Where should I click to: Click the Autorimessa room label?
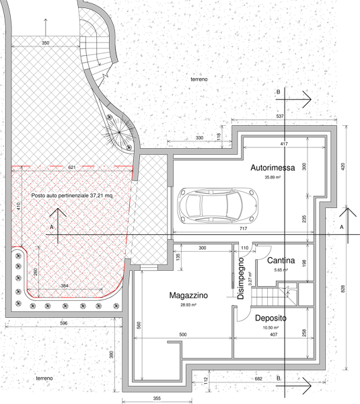273,168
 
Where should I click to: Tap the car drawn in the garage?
217,205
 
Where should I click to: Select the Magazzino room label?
188,296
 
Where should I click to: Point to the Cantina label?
281,261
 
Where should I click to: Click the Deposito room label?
271,318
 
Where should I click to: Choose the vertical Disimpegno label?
241,279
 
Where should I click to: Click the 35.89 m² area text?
273,177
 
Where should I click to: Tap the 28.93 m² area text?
188,305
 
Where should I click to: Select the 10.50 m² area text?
271,328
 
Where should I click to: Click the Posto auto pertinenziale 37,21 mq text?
72,195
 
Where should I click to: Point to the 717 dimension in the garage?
243,228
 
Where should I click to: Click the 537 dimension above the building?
280,116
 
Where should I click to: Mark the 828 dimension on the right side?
343,289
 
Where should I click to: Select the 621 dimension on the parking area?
72,168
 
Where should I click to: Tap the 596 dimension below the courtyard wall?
64,323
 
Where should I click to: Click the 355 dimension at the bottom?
157,399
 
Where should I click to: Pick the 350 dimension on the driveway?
45,43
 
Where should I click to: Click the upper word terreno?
199,79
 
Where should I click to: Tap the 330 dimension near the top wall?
199,138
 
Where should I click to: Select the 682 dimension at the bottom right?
258,378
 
